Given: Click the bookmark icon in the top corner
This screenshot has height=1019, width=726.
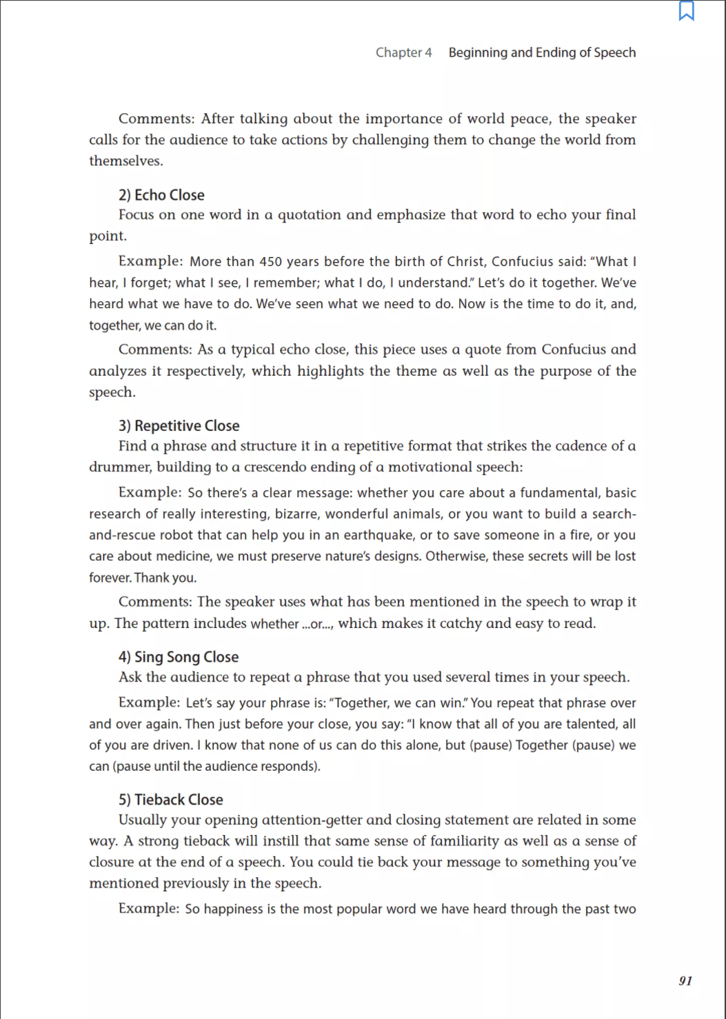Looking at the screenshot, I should pos(686,11).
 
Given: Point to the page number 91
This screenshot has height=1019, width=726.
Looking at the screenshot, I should pos(685,980).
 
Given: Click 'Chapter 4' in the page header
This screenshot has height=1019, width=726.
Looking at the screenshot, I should pos(403,52).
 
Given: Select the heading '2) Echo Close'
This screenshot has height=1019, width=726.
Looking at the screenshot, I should pos(161,195).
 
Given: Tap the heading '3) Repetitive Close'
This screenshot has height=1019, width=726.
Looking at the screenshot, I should pos(179,425).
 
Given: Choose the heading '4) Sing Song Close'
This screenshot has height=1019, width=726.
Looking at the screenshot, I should pos(178,657).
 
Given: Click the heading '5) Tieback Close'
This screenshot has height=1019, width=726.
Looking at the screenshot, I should pos(170,800).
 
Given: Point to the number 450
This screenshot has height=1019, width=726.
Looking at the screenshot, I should pos(271,261).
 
